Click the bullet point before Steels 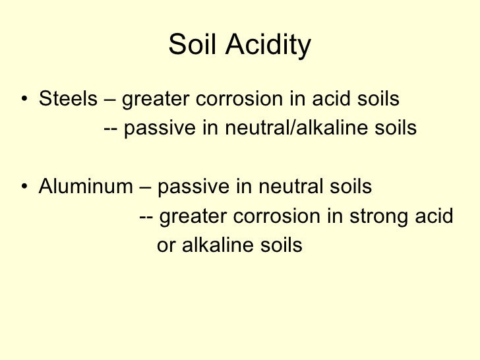tap(24, 100)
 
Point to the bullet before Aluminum tap(24, 188)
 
